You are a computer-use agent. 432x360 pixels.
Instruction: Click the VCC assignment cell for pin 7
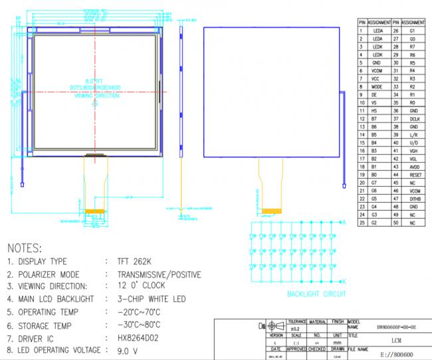pyautogui.click(x=377, y=78)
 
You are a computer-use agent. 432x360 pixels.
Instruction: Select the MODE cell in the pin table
pyautogui.click(x=377, y=86)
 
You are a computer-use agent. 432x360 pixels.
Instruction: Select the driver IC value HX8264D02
pyautogui.click(x=138, y=339)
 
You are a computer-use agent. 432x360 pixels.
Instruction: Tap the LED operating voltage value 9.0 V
pyautogui.click(x=128, y=351)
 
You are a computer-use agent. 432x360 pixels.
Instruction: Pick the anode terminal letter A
pyautogui.click(x=344, y=223)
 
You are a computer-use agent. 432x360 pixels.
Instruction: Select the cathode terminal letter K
pyautogui.click(x=344, y=285)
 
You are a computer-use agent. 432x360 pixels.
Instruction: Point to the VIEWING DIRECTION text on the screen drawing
pyautogui.click(x=96, y=96)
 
